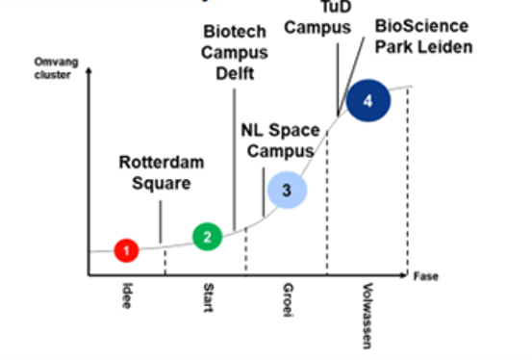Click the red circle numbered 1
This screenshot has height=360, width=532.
click(x=126, y=249)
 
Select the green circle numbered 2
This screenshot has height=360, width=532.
click(x=207, y=236)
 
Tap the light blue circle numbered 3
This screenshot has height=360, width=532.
click(x=286, y=191)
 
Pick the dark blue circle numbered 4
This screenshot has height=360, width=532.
click(x=367, y=100)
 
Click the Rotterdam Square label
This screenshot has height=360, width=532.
click(x=162, y=172)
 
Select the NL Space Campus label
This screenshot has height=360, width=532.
click(x=280, y=140)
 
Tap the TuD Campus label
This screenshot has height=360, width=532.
click(x=317, y=17)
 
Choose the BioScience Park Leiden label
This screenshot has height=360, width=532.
click(x=423, y=37)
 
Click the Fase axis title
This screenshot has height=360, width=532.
click(x=425, y=276)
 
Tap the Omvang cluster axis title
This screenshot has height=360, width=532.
click(x=53, y=68)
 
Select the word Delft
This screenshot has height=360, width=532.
click(x=234, y=72)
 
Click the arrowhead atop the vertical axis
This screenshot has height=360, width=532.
click(x=89, y=71)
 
